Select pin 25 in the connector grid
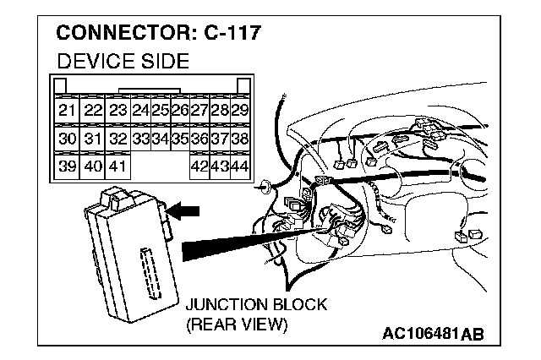point(160,110)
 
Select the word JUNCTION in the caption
point(221,304)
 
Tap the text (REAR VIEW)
point(237,325)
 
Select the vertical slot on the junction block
point(151,274)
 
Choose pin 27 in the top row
point(199,110)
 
